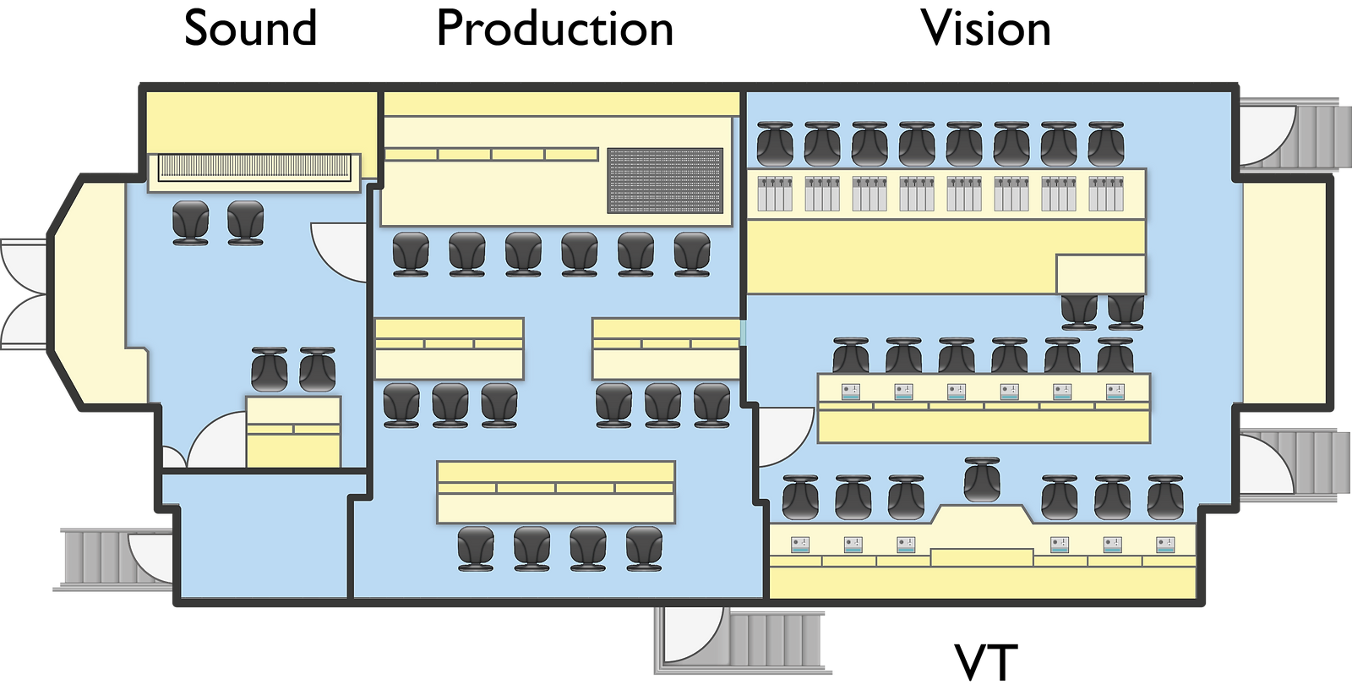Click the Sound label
250,28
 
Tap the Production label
554,28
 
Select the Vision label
985,28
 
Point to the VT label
985,663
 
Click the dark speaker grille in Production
665,181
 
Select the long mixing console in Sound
254,168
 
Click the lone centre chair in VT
982,480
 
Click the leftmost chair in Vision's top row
775,145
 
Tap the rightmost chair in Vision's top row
1106,145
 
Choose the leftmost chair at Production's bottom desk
476,549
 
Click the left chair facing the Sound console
191,223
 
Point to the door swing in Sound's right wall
339,252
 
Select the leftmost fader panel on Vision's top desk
775,194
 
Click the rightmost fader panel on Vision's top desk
1106,194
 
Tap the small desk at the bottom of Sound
293,431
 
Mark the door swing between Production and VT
786,437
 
